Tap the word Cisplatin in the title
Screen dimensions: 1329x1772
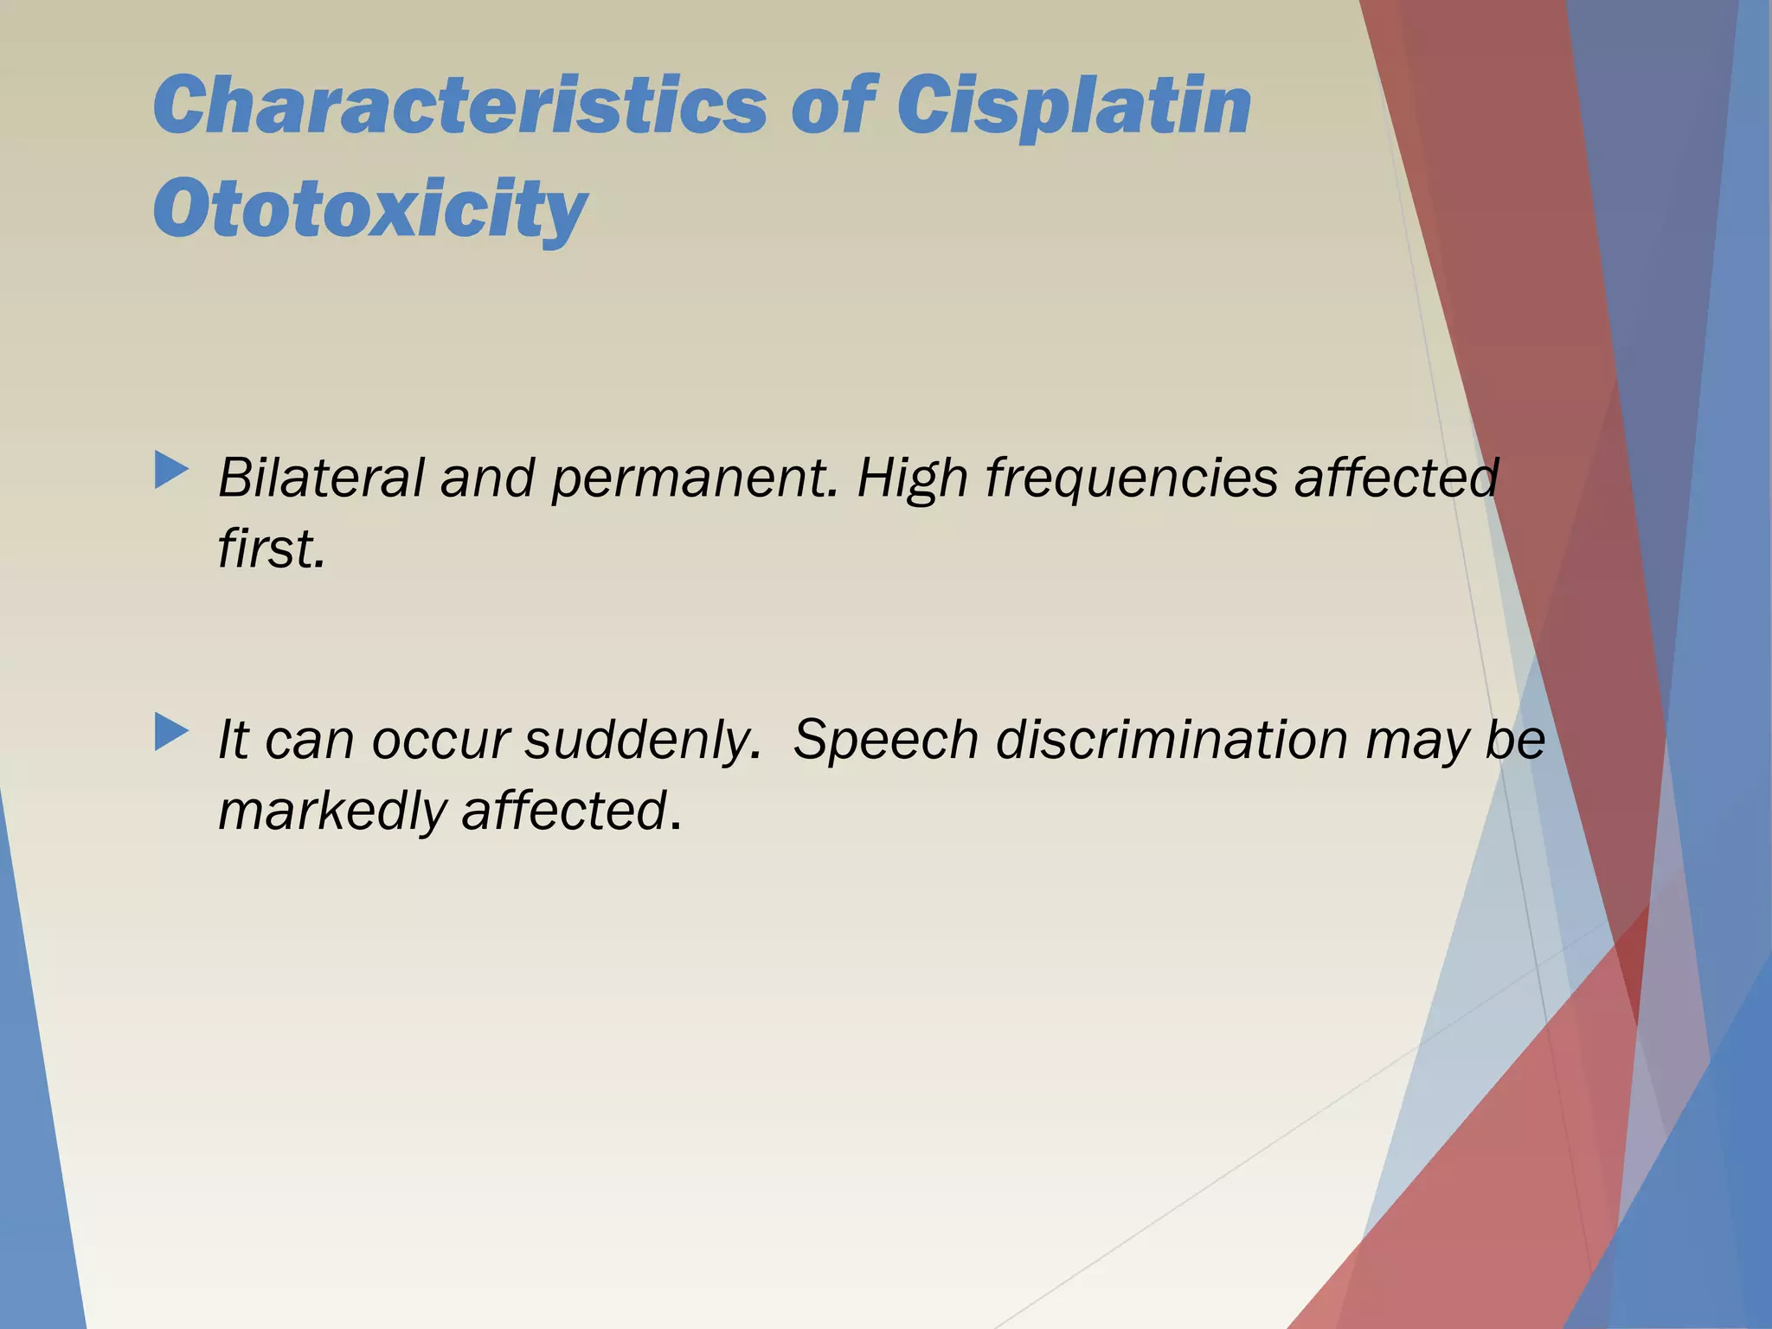coord(1073,107)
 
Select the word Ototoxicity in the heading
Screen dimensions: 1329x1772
coord(370,209)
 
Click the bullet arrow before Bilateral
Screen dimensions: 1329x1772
coord(170,471)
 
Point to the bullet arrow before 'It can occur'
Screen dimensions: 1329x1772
coord(170,733)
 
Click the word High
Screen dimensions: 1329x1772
coord(912,478)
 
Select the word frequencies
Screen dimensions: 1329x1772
coord(1131,478)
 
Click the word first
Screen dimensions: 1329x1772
coord(271,549)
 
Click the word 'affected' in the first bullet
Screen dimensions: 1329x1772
coord(1396,478)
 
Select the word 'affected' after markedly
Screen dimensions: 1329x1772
coord(564,811)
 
